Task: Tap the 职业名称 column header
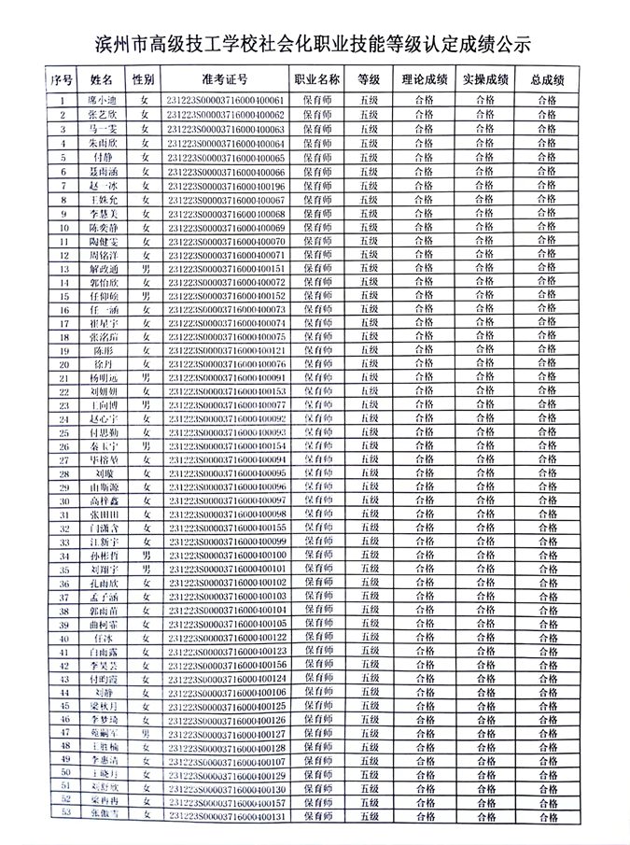pyautogui.click(x=316, y=80)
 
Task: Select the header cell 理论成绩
pyautogui.click(x=425, y=80)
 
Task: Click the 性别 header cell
pyautogui.click(x=144, y=80)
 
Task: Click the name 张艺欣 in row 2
pyautogui.click(x=104, y=114)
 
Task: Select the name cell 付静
pyautogui.click(x=104, y=158)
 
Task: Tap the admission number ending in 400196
pyautogui.click(x=224, y=187)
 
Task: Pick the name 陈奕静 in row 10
pyautogui.click(x=104, y=228)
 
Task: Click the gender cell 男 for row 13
pyautogui.click(x=145, y=269)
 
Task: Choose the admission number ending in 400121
pyautogui.click(x=224, y=350)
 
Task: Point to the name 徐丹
pyautogui.click(x=104, y=364)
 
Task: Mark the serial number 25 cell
pyautogui.click(x=63, y=433)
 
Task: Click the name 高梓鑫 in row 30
pyautogui.click(x=104, y=501)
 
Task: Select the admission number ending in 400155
pyautogui.click(x=224, y=528)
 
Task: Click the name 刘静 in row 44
pyautogui.click(x=104, y=693)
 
